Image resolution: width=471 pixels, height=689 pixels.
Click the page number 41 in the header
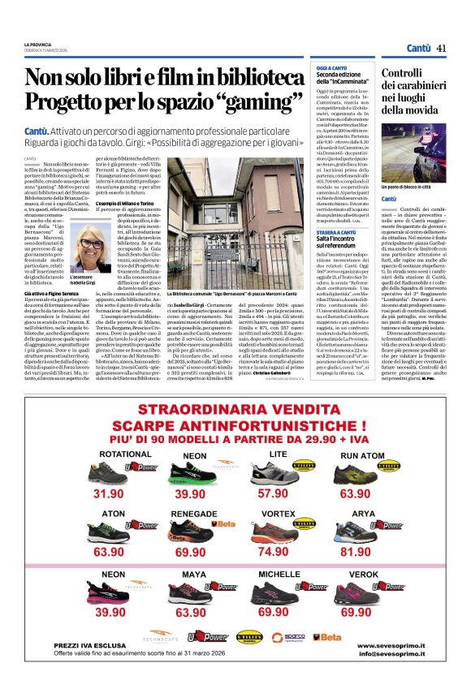pos(441,48)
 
